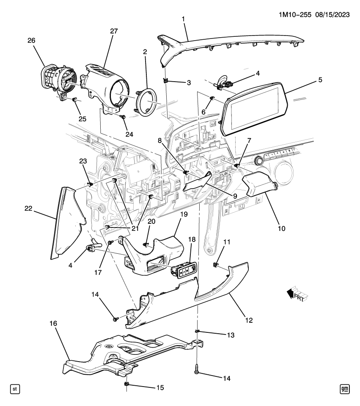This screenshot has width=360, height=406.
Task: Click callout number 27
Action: coord(114,31)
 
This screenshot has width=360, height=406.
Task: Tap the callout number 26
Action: coord(31,41)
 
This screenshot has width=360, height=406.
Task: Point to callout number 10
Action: coord(281,228)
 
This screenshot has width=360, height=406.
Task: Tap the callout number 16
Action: coord(53,324)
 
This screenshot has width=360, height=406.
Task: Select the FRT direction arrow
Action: coord(298,294)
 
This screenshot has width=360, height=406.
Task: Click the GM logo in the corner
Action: coord(344,389)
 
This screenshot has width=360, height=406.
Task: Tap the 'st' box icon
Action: coord(15,389)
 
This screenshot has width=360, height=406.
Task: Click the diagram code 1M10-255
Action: coord(295,15)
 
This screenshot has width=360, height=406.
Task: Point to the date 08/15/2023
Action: coord(332,15)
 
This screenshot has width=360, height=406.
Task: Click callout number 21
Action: coord(135,228)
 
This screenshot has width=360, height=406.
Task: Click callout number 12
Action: coord(249,320)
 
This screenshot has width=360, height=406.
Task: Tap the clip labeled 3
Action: coord(165,81)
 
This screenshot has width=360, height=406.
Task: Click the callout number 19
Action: coord(184,214)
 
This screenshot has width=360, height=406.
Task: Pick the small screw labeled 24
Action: coord(123,117)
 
